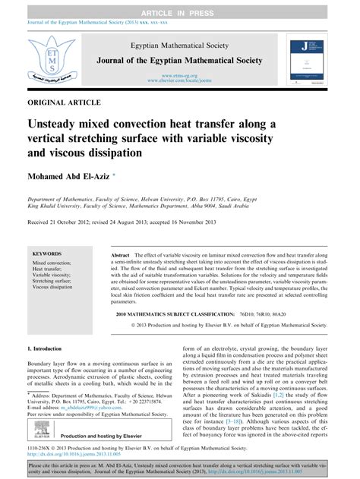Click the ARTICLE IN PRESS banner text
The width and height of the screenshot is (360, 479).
pyautogui.click(x=180, y=6)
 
